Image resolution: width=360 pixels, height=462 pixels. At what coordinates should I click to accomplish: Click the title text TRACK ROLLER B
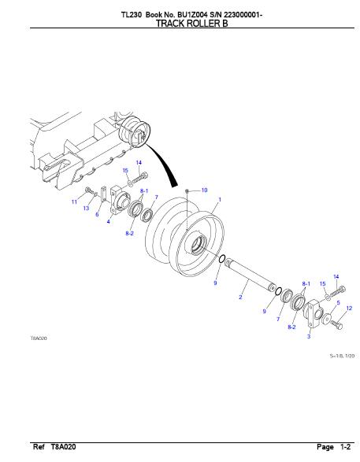click(191, 24)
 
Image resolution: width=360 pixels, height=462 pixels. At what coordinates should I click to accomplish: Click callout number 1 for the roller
click(219, 199)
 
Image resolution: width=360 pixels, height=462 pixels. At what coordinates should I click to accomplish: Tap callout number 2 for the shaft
click(240, 297)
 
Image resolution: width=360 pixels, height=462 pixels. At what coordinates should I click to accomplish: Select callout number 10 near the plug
click(204, 190)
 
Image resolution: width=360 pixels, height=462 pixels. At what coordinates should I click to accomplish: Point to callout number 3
click(309, 336)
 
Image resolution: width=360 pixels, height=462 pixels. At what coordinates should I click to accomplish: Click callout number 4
click(109, 221)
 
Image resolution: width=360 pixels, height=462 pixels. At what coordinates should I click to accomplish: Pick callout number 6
click(97, 214)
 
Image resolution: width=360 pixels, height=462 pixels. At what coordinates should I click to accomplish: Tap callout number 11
click(74, 201)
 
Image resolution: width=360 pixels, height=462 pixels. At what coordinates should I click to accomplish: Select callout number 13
click(86, 208)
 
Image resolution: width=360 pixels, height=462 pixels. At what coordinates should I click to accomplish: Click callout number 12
click(349, 309)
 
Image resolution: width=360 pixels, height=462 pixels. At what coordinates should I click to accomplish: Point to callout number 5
click(338, 302)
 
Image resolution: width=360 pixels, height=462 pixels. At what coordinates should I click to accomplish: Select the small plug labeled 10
click(187, 191)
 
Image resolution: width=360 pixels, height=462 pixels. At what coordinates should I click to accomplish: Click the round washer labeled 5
click(326, 318)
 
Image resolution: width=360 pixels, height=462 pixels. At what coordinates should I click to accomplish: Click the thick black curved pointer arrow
click(164, 164)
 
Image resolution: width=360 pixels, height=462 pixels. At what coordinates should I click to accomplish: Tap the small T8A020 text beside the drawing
click(39, 338)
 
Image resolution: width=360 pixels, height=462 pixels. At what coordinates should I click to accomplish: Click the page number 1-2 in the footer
click(346, 447)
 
